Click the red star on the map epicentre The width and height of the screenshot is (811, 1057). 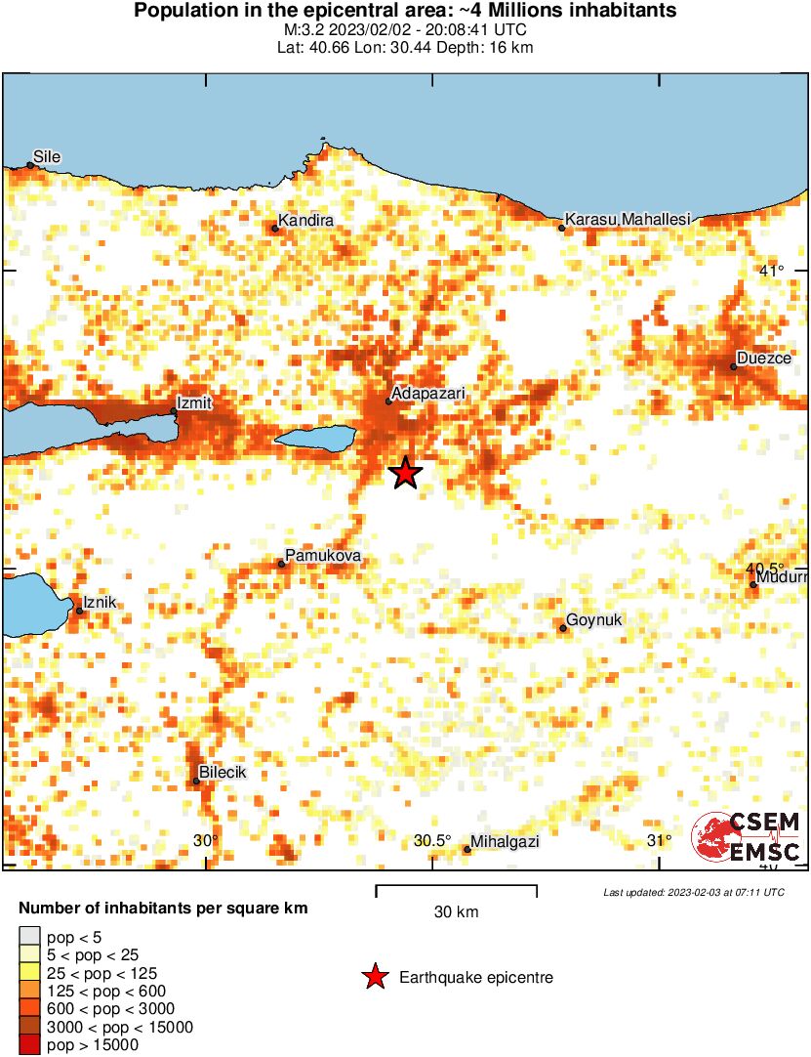point(405,473)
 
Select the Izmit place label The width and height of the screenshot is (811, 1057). point(193,402)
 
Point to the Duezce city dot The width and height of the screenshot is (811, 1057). point(734,366)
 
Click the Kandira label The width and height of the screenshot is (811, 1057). point(306,221)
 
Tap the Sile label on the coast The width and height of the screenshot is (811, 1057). point(47,155)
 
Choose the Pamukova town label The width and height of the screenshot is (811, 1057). point(323,556)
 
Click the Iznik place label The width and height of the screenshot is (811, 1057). point(101,603)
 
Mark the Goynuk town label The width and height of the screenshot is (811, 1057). point(594,619)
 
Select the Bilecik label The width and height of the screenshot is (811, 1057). point(223,773)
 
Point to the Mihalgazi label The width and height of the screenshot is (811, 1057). point(505,841)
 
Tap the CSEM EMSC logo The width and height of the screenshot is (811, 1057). point(747,837)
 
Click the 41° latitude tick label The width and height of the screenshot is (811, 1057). point(772,271)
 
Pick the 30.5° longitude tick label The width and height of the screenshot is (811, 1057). point(431,841)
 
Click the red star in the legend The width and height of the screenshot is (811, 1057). point(374,977)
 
